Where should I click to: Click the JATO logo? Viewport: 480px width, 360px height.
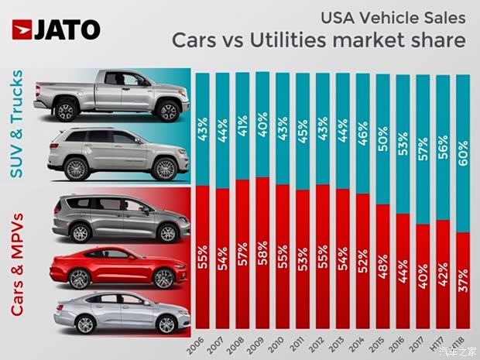[x=56, y=29]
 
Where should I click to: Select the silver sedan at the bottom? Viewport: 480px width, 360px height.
[x=116, y=314]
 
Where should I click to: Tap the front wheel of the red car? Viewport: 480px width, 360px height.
[x=164, y=279]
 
